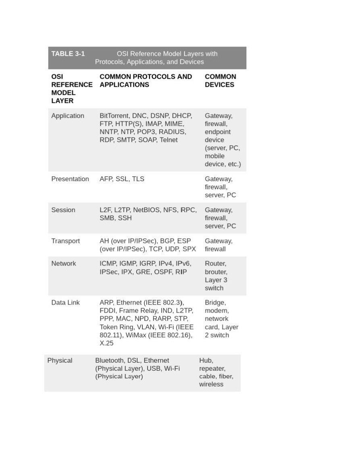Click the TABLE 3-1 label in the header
(x=68, y=54)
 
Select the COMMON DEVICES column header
(x=220, y=81)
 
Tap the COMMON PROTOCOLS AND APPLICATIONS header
(x=146, y=81)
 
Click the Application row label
(x=68, y=116)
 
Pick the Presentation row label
(x=70, y=179)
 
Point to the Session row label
(x=63, y=210)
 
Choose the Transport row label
(x=66, y=241)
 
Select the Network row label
(x=64, y=264)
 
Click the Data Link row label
(x=66, y=303)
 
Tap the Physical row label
(x=60, y=361)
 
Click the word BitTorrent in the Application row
(x=114, y=116)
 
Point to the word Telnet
(x=169, y=140)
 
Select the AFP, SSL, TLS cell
(x=122, y=179)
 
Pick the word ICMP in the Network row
(x=108, y=264)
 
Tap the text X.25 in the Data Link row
(x=106, y=343)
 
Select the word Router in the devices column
(x=215, y=264)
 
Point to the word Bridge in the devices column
(x=215, y=303)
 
